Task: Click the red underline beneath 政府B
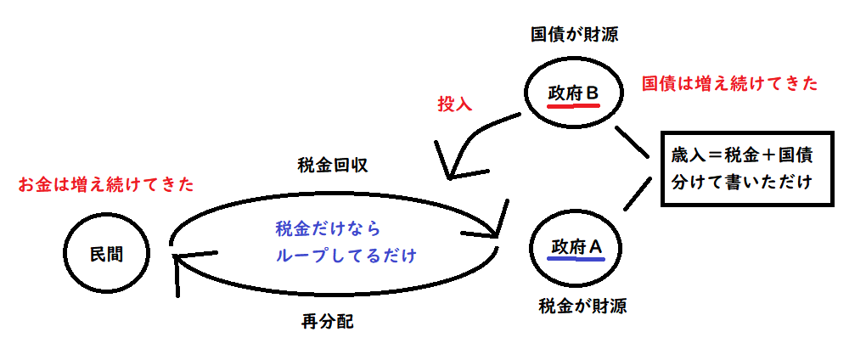(574, 106)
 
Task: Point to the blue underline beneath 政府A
(576, 260)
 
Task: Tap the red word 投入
(454, 104)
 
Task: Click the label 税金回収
(333, 166)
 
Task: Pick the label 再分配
(327, 322)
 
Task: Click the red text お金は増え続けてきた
(106, 184)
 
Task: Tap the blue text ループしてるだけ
(346, 255)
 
